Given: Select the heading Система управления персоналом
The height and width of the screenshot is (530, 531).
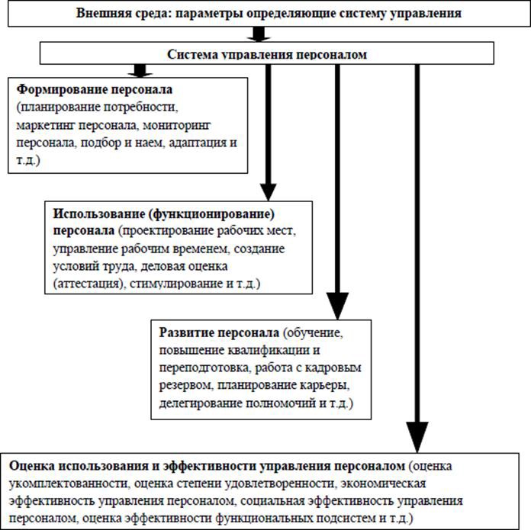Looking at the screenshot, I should [267, 55].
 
